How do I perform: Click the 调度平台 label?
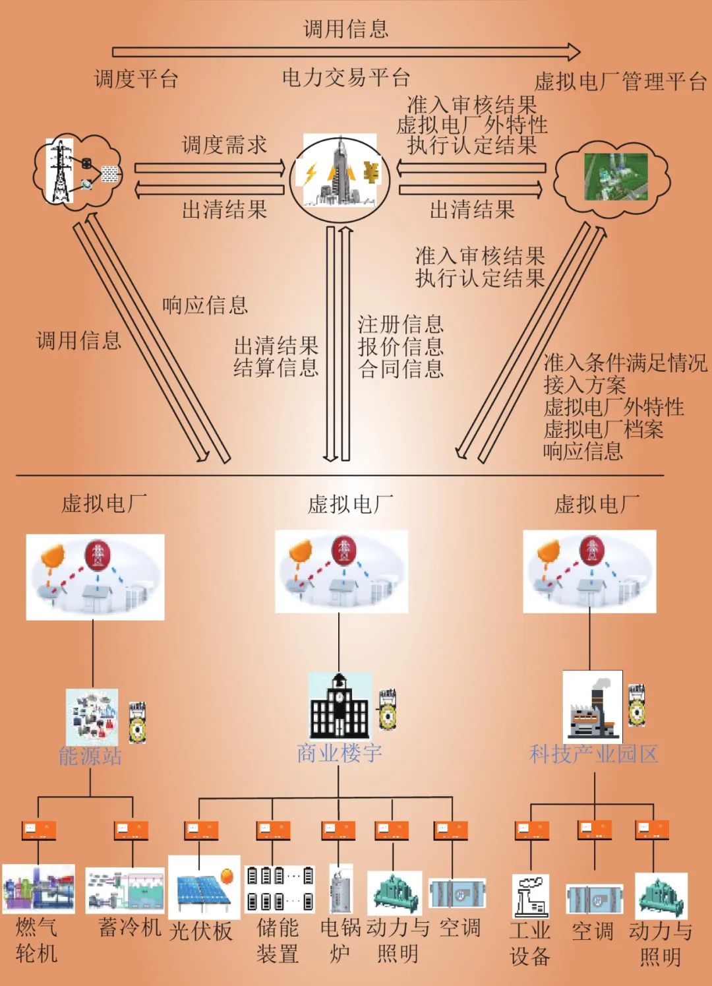136,79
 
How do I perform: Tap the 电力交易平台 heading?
346,78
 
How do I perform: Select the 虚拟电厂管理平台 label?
620,82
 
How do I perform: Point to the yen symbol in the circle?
371,173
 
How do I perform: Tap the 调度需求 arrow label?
224,144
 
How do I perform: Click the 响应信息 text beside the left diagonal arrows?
205,305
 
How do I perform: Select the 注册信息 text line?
400,324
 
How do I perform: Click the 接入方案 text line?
584,385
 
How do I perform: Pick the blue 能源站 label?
90,756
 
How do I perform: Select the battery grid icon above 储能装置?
280,888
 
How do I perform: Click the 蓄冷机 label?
130,927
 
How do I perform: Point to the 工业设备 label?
530,943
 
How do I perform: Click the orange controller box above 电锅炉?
338,830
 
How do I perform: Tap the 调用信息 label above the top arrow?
345,28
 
